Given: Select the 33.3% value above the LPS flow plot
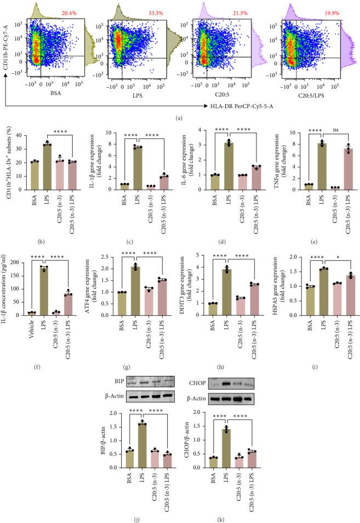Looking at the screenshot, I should pyautogui.click(x=158, y=11).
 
